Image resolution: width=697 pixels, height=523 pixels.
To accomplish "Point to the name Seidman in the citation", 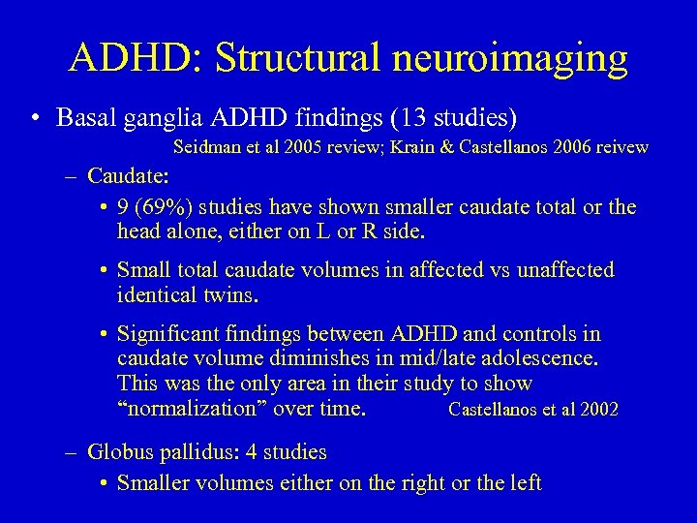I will (203, 148).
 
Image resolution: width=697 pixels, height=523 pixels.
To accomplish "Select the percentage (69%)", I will (157, 206).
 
